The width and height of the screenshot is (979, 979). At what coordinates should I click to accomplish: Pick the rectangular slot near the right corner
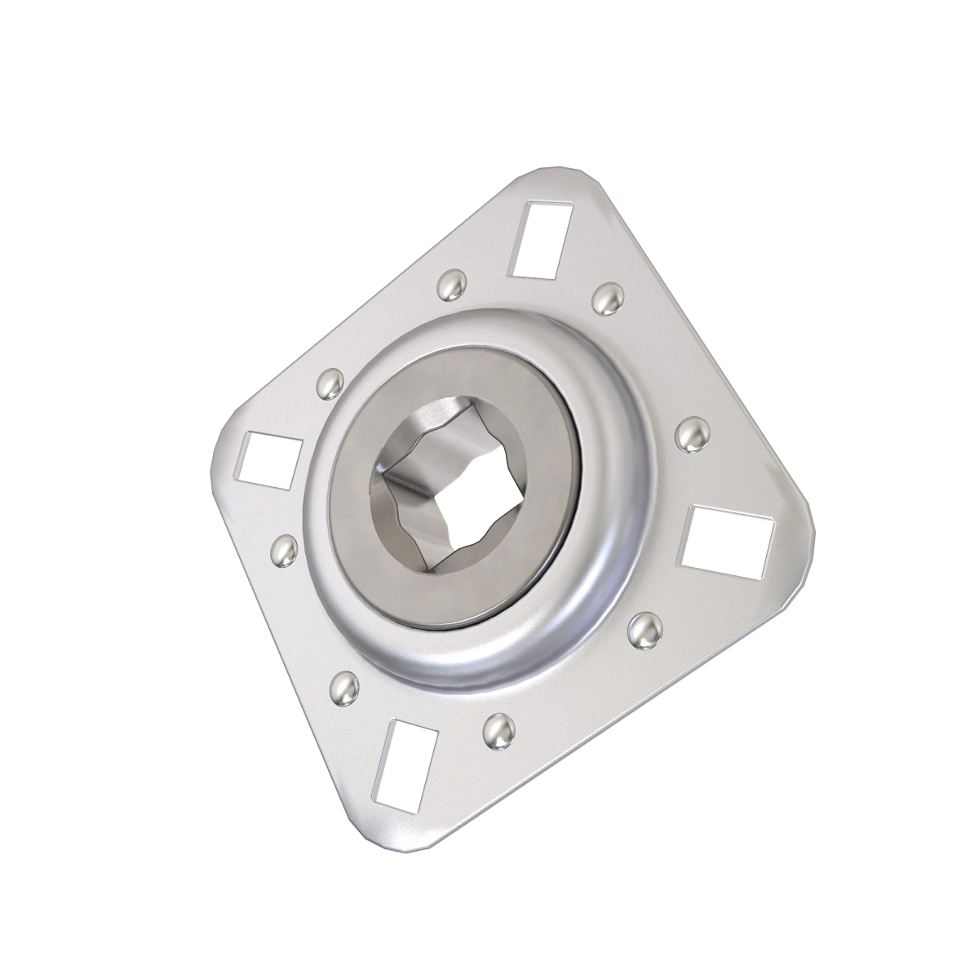(x=727, y=543)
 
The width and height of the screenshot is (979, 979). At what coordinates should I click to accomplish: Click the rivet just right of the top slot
(x=606, y=297)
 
